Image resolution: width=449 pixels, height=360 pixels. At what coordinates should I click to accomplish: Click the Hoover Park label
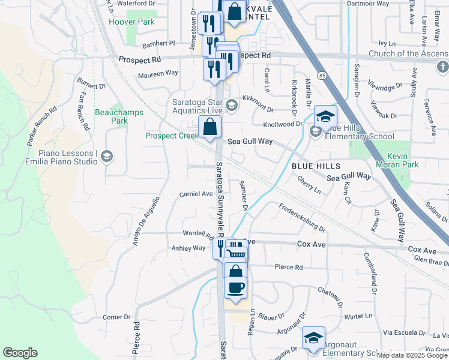click(131, 22)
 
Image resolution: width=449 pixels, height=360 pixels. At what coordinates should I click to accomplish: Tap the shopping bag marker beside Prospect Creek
click(210, 127)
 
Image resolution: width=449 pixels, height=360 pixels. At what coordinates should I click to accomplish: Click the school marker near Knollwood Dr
click(325, 117)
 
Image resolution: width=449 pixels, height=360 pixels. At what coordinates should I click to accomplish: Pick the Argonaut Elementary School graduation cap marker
click(313, 338)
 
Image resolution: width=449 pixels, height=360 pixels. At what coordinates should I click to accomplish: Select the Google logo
click(20, 353)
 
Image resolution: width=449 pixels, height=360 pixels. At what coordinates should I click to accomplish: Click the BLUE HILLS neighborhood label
click(316, 166)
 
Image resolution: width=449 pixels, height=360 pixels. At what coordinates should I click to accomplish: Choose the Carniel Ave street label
click(196, 194)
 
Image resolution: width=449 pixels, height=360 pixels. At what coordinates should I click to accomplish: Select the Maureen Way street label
click(158, 73)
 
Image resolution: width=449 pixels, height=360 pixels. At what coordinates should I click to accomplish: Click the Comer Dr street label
click(116, 317)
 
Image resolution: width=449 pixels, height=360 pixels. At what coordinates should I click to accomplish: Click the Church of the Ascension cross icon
click(442, 66)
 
